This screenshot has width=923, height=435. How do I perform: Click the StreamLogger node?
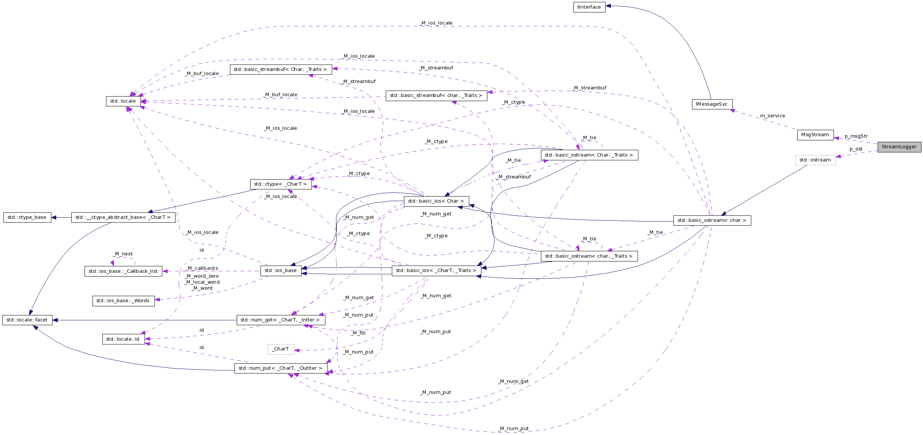(x=899, y=147)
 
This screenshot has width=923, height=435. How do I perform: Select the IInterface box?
(x=589, y=7)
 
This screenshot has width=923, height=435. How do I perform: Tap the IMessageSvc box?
(x=712, y=104)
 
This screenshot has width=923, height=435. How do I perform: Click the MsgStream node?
(x=815, y=135)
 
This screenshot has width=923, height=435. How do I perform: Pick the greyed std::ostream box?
(x=815, y=160)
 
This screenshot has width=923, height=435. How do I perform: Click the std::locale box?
(x=123, y=101)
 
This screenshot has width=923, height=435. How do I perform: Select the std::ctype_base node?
(x=27, y=217)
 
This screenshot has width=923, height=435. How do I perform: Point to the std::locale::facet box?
(x=27, y=320)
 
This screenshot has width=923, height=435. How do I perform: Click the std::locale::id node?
(x=123, y=339)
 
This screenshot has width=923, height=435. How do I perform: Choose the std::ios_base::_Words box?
(x=123, y=301)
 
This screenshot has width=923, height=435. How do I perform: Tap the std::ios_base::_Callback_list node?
(x=123, y=271)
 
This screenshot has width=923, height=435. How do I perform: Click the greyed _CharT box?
(x=280, y=349)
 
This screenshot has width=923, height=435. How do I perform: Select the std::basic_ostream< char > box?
(x=712, y=220)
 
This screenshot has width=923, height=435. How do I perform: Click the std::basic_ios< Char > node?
(x=436, y=201)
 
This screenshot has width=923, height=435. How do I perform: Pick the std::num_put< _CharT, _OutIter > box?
(x=280, y=368)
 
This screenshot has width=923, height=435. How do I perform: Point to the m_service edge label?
(x=772, y=116)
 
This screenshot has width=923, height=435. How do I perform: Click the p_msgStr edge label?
(x=856, y=136)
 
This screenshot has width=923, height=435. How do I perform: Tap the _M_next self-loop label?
(x=123, y=254)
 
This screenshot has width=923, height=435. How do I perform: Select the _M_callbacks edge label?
(x=203, y=268)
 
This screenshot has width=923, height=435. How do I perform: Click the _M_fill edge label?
(x=358, y=333)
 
